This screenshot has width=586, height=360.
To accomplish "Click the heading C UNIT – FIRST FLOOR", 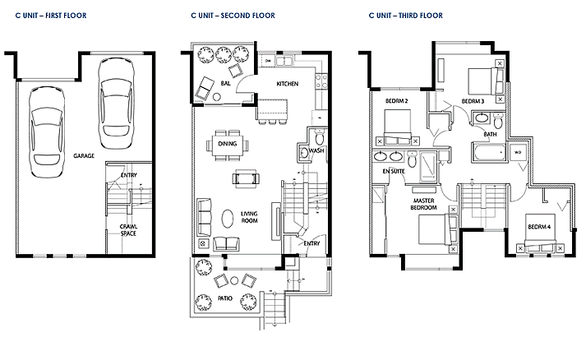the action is [x=51, y=16].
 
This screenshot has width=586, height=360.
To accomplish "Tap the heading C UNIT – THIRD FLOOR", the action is [x=405, y=16].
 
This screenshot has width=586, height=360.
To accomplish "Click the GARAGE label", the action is [x=84, y=155].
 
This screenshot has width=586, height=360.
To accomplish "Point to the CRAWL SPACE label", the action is [x=128, y=230].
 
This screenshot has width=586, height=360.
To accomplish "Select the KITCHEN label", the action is [x=288, y=84].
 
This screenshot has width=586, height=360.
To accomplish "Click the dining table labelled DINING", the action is [x=227, y=144].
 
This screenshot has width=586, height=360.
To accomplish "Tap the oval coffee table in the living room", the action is [x=228, y=218].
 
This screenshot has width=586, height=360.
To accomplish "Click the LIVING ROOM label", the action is [x=249, y=217].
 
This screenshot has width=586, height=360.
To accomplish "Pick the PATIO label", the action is [x=225, y=298].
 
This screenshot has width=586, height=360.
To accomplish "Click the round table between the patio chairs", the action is [x=234, y=280].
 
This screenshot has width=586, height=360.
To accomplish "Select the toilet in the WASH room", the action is [x=319, y=136].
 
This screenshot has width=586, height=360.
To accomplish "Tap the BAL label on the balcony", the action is [x=225, y=83].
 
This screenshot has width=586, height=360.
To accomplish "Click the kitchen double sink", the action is [x=284, y=61].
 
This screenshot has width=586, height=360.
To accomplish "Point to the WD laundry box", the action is [x=518, y=153].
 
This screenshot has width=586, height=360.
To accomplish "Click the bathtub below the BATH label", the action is [x=488, y=152].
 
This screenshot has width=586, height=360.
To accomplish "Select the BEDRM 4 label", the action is [x=539, y=227].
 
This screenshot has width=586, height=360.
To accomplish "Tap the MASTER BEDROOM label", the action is [x=424, y=204].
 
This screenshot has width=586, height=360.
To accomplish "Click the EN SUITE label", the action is [x=394, y=171].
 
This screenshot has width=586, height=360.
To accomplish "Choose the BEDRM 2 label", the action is [x=396, y=101].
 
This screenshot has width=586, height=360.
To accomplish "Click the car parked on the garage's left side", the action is [x=47, y=132].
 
